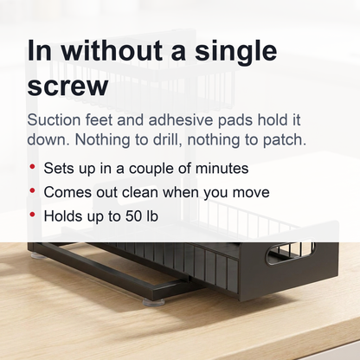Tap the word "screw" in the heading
67,87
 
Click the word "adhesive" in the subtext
180,119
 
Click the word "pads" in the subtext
235,119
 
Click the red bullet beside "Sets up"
32,166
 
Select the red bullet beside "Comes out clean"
32,190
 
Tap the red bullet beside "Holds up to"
32,215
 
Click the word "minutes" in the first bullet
222,168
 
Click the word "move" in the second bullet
251,193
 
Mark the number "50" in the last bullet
131,216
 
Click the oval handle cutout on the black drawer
290,253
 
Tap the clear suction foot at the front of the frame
153,302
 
